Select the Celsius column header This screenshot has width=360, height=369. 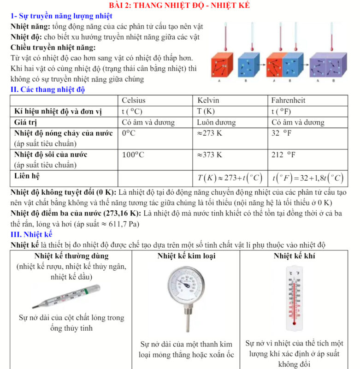[x=134, y=100]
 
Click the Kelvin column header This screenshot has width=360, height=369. [x=208, y=100]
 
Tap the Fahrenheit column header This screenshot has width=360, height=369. [x=288, y=100]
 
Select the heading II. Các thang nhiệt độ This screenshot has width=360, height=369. [x=48, y=89]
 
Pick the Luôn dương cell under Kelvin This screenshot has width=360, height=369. [x=216, y=123]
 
